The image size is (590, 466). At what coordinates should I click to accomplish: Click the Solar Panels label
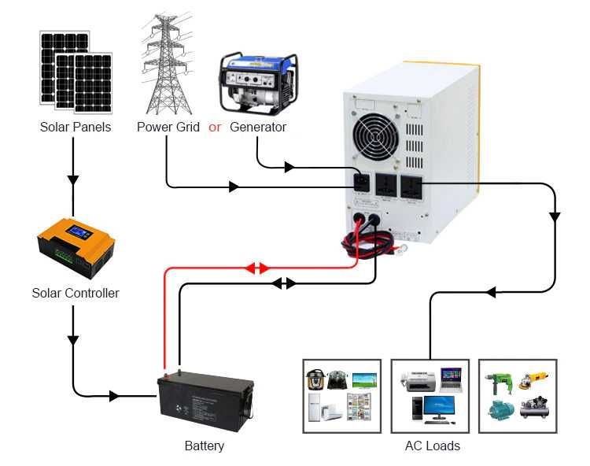tap(76, 127)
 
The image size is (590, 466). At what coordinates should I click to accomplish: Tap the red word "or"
tap(215, 127)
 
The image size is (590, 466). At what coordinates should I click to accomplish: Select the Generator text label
tap(258, 127)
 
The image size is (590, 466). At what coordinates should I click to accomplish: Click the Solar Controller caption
tap(76, 294)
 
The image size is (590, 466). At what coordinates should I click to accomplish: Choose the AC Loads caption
tap(432, 446)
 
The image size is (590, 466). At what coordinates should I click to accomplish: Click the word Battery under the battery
tap(205, 446)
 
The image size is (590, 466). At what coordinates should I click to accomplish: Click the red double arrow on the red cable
tap(256, 268)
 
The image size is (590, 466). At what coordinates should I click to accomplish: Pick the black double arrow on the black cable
tap(284, 283)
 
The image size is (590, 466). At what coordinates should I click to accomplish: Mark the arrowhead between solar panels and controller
tap(73, 179)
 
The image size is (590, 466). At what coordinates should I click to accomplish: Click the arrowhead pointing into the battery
tap(114, 396)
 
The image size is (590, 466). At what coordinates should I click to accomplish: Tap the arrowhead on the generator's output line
tap(289, 168)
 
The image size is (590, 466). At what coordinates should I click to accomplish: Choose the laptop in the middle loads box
tap(451, 379)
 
